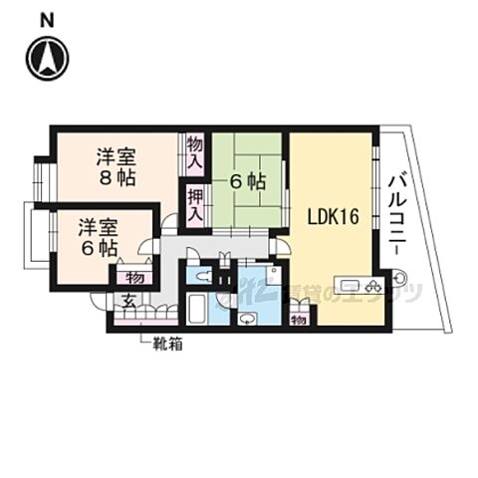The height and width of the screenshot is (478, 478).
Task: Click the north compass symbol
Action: pos(47,59)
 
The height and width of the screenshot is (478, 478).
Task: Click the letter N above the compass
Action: pos(47,20)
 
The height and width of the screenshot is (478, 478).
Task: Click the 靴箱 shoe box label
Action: pos(166,345)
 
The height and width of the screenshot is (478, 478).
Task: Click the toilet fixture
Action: pos(202,278)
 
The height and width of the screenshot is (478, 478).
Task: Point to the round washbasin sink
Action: pos(247,318)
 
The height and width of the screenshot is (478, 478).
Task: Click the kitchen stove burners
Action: pos(373,287)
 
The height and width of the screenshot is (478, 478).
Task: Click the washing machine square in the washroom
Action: pos(272,280)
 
